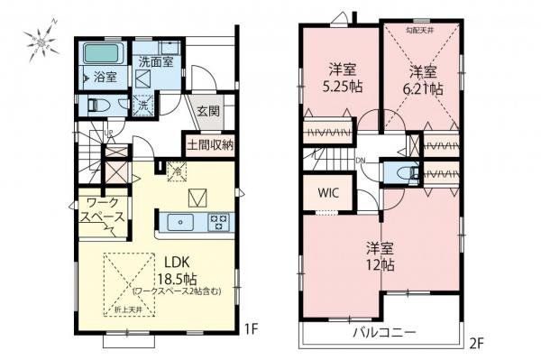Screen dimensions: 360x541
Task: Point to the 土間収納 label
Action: (x=211, y=143)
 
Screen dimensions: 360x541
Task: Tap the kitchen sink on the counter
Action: (x=180, y=221)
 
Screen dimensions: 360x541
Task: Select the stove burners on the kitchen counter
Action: (x=219, y=221)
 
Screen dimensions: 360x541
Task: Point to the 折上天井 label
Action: (x=126, y=310)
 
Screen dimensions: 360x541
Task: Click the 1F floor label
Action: (x=256, y=330)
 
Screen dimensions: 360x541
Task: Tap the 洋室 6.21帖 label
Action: (x=423, y=79)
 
